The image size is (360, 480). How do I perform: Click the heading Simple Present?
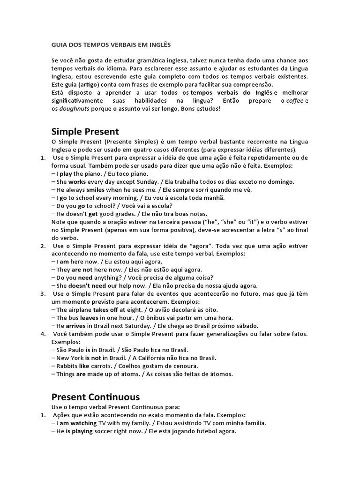[84, 131]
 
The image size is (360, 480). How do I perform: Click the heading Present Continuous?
[95, 397]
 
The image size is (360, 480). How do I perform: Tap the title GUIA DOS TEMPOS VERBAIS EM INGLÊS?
[111, 45]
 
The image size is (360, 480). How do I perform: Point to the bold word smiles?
[96, 189]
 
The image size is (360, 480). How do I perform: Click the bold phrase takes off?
[105, 309]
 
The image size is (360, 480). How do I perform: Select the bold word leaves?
[89, 317]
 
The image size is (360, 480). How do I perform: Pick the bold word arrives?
[75, 326]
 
